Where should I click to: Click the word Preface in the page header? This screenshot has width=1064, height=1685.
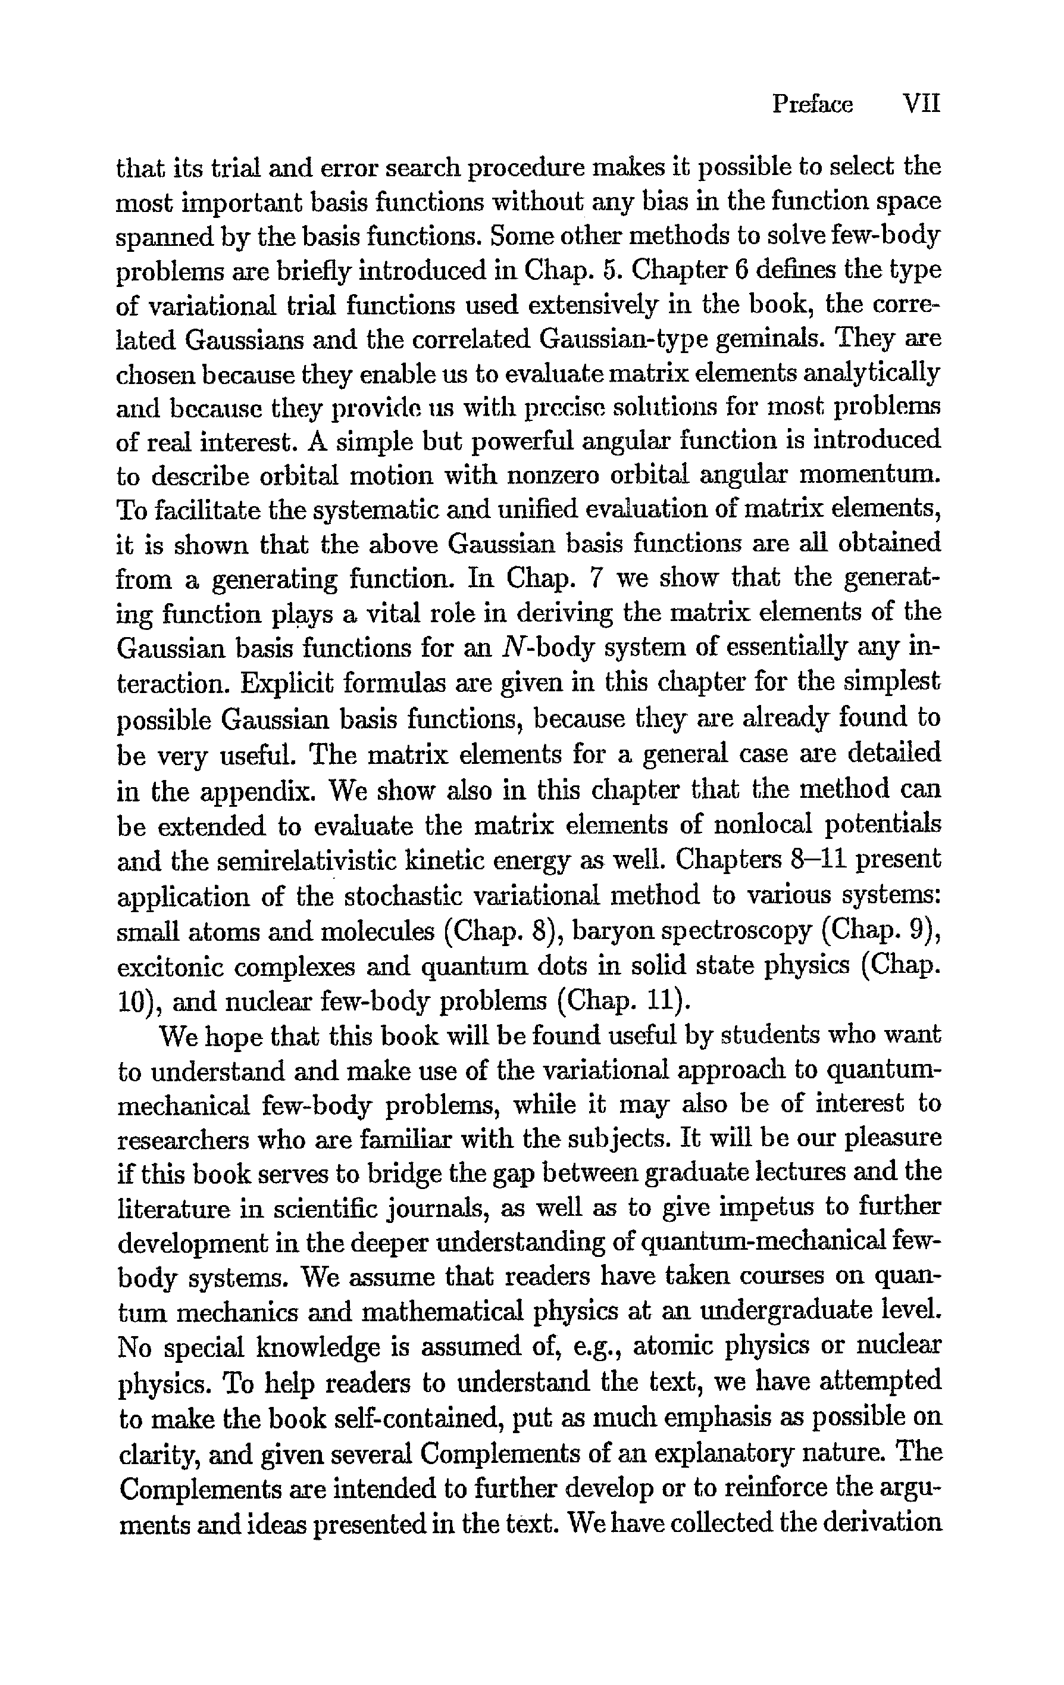[x=812, y=105]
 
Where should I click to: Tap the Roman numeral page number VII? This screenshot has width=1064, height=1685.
[x=921, y=105]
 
